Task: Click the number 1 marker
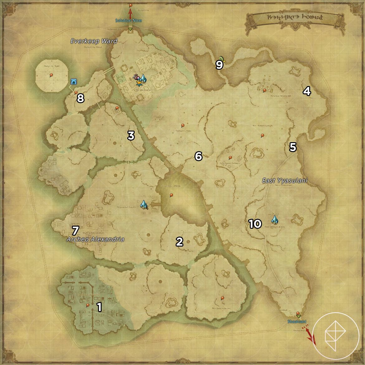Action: tap(99, 307)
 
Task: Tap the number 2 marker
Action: tap(179, 242)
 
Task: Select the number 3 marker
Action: tap(131, 136)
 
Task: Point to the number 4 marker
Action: tap(307, 91)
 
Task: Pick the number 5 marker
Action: tap(293, 147)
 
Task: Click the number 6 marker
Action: tap(199, 156)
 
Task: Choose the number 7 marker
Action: tap(75, 231)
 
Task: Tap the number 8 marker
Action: tap(80, 98)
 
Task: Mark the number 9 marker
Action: tap(219, 65)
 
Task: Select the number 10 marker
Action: tap(255, 224)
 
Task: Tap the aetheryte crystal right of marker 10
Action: tap(274, 220)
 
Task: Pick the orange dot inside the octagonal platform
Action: tap(51, 75)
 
